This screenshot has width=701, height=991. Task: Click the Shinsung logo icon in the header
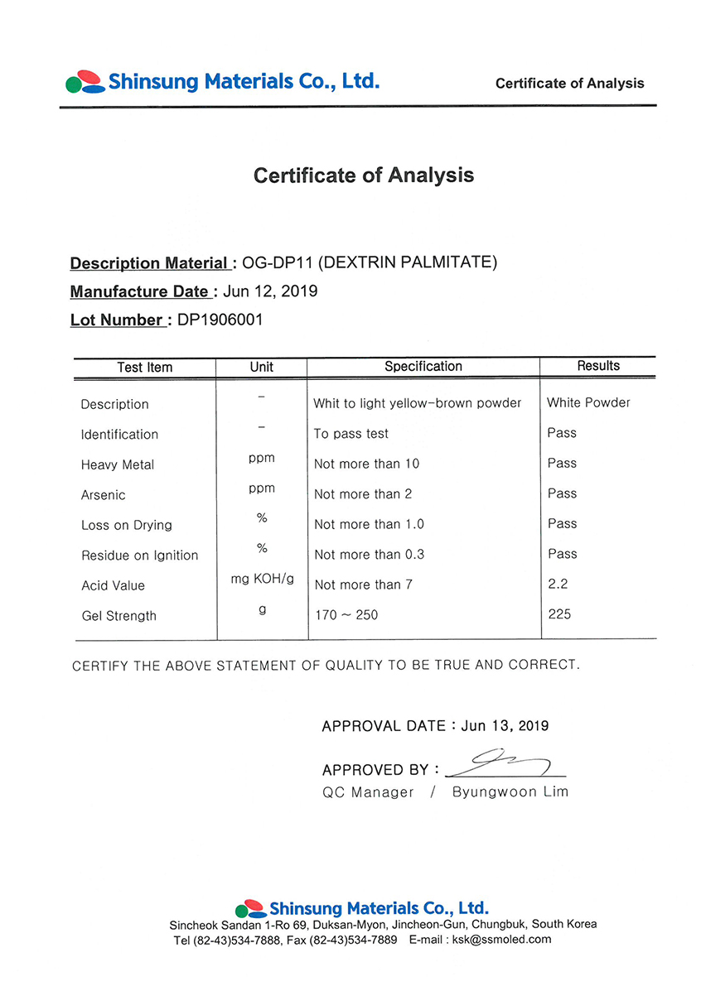pos(85,81)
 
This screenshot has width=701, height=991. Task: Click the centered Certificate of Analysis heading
pos(364,176)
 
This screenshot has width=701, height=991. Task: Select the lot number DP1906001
pos(220,320)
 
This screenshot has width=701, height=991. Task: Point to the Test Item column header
pos(145,367)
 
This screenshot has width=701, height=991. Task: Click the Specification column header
pos(423,366)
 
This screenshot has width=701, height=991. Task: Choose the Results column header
pos(598,365)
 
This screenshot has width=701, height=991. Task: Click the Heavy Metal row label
pos(118,464)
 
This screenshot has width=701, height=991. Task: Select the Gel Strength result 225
pos(559,614)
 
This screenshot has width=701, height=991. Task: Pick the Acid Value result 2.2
pos(558,584)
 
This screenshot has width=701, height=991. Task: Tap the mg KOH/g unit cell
pos(262,579)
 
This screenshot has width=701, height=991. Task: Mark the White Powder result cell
pos(588,402)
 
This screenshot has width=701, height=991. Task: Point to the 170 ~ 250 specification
pos(346,615)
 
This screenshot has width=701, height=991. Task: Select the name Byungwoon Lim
pos(510,791)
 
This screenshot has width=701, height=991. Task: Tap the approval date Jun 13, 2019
pos(505,725)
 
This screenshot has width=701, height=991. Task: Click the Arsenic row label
pos(104,495)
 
